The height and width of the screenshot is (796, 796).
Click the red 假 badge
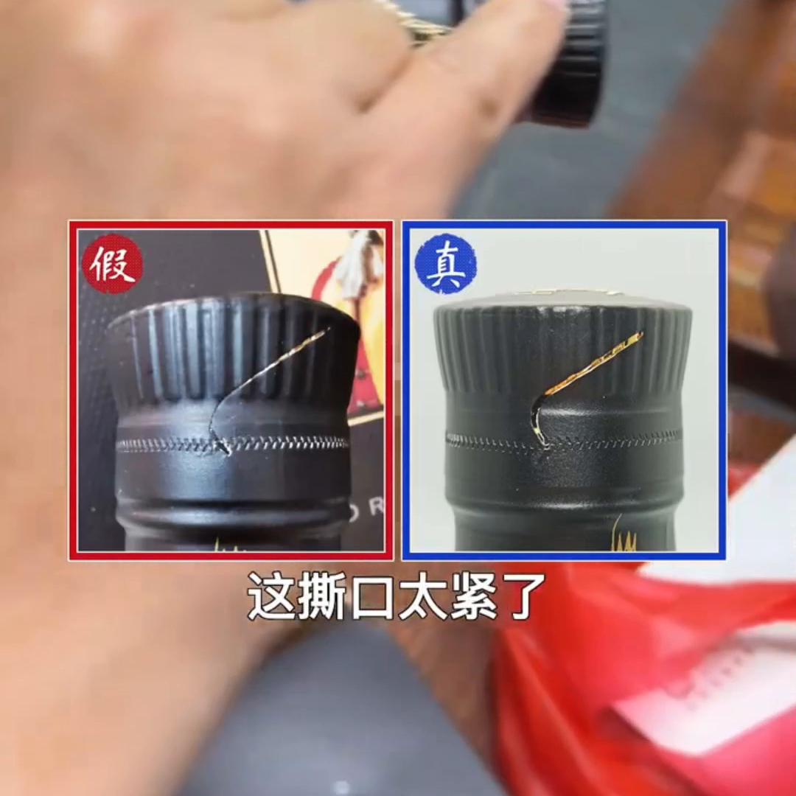click(x=112, y=264)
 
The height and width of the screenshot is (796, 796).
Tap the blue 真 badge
click(x=445, y=264)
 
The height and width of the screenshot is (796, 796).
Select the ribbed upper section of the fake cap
click(x=221, y=346)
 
